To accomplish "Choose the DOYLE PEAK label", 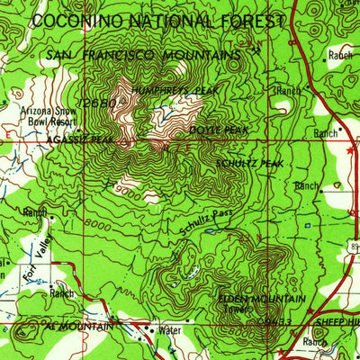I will [x=219, y=130].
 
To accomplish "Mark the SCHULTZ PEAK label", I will [x=249, y=163].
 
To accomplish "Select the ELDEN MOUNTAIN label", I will [x=261, y=298].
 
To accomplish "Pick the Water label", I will [x=169, y=330].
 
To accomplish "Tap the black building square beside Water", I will [x=151, y=330].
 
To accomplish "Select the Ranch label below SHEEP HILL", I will [x=314, y=342].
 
